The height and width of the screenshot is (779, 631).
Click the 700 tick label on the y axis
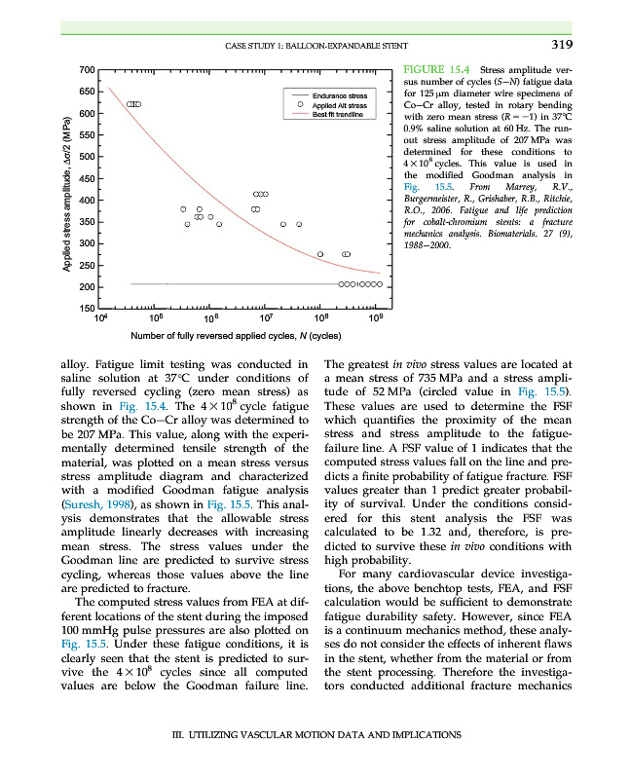[85, 70]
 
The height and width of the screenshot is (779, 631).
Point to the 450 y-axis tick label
[85, 178]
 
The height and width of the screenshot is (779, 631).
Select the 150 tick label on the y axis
[85, 309]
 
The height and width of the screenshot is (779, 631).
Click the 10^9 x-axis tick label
[376, 318]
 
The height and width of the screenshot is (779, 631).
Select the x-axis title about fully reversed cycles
[235, 336]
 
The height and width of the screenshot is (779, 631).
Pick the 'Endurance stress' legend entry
[339, 95]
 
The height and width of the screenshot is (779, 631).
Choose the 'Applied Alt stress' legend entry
[339, 105]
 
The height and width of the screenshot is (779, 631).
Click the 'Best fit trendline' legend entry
[338, 114]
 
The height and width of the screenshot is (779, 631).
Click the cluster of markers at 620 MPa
[133, 103]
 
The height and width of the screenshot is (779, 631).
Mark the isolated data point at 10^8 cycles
[320, 254]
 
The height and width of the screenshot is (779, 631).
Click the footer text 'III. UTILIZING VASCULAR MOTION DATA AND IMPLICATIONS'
[315, 734]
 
